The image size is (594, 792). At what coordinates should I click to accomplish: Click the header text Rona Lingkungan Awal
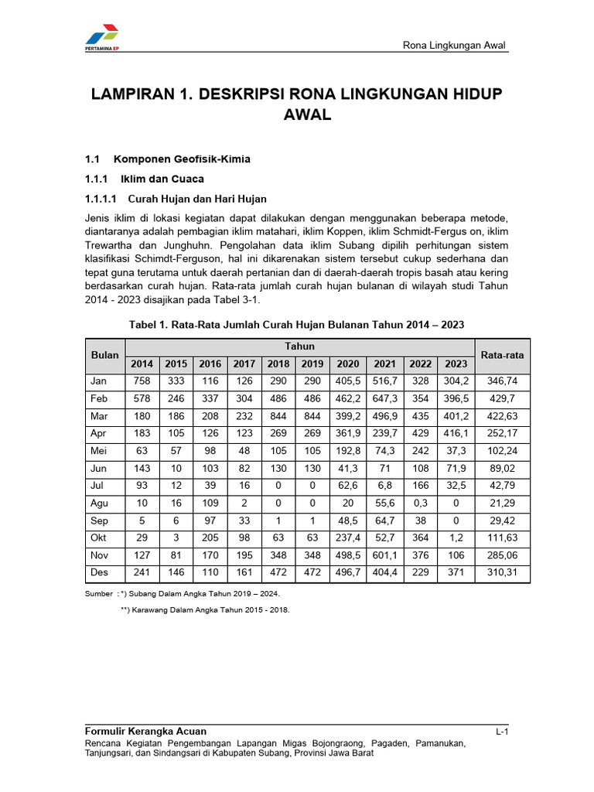pyautogui.click(x=454, y=45)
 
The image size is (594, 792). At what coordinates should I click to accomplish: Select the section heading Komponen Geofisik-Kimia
pyautogui.click(x=182, y=159)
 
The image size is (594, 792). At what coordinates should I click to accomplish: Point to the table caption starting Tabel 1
pyautogui.click(x=297, y=324)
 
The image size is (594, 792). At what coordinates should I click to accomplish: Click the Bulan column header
pyautogui.click(x=105, y=355)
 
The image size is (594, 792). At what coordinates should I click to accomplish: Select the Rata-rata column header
pyautogui.click(x=502, y=355)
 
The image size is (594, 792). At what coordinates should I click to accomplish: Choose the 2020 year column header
pyautogui.click(x=348, y=364)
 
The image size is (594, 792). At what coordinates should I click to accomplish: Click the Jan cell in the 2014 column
pyautogui.click(x=142, y=381)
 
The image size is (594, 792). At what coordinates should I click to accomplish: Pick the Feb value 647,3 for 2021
pyautogui.click(x=384, y=398)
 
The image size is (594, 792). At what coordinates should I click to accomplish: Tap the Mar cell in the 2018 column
pyautogui.click(x=278, y=416)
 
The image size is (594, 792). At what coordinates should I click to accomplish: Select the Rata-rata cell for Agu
pyautogui.click(x=502, y=504)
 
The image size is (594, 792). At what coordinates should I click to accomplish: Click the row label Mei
pyautogui.click(x=99, y=451)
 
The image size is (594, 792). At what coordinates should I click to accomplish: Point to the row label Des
pyautogui.click(x=100, y=573)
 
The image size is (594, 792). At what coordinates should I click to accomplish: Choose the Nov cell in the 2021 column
pyautogui.click(x=384, y=555)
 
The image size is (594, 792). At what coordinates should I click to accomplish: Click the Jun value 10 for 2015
pyautogui.click(x=176, y=469)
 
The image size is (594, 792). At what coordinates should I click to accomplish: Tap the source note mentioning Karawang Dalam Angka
pyautogui.click(x=205, y=609)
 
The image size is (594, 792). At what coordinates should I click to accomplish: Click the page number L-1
pyautogui.click(x=500, y=732)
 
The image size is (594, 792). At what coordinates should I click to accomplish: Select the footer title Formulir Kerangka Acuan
pyautogui.click(x=145, y=732)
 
